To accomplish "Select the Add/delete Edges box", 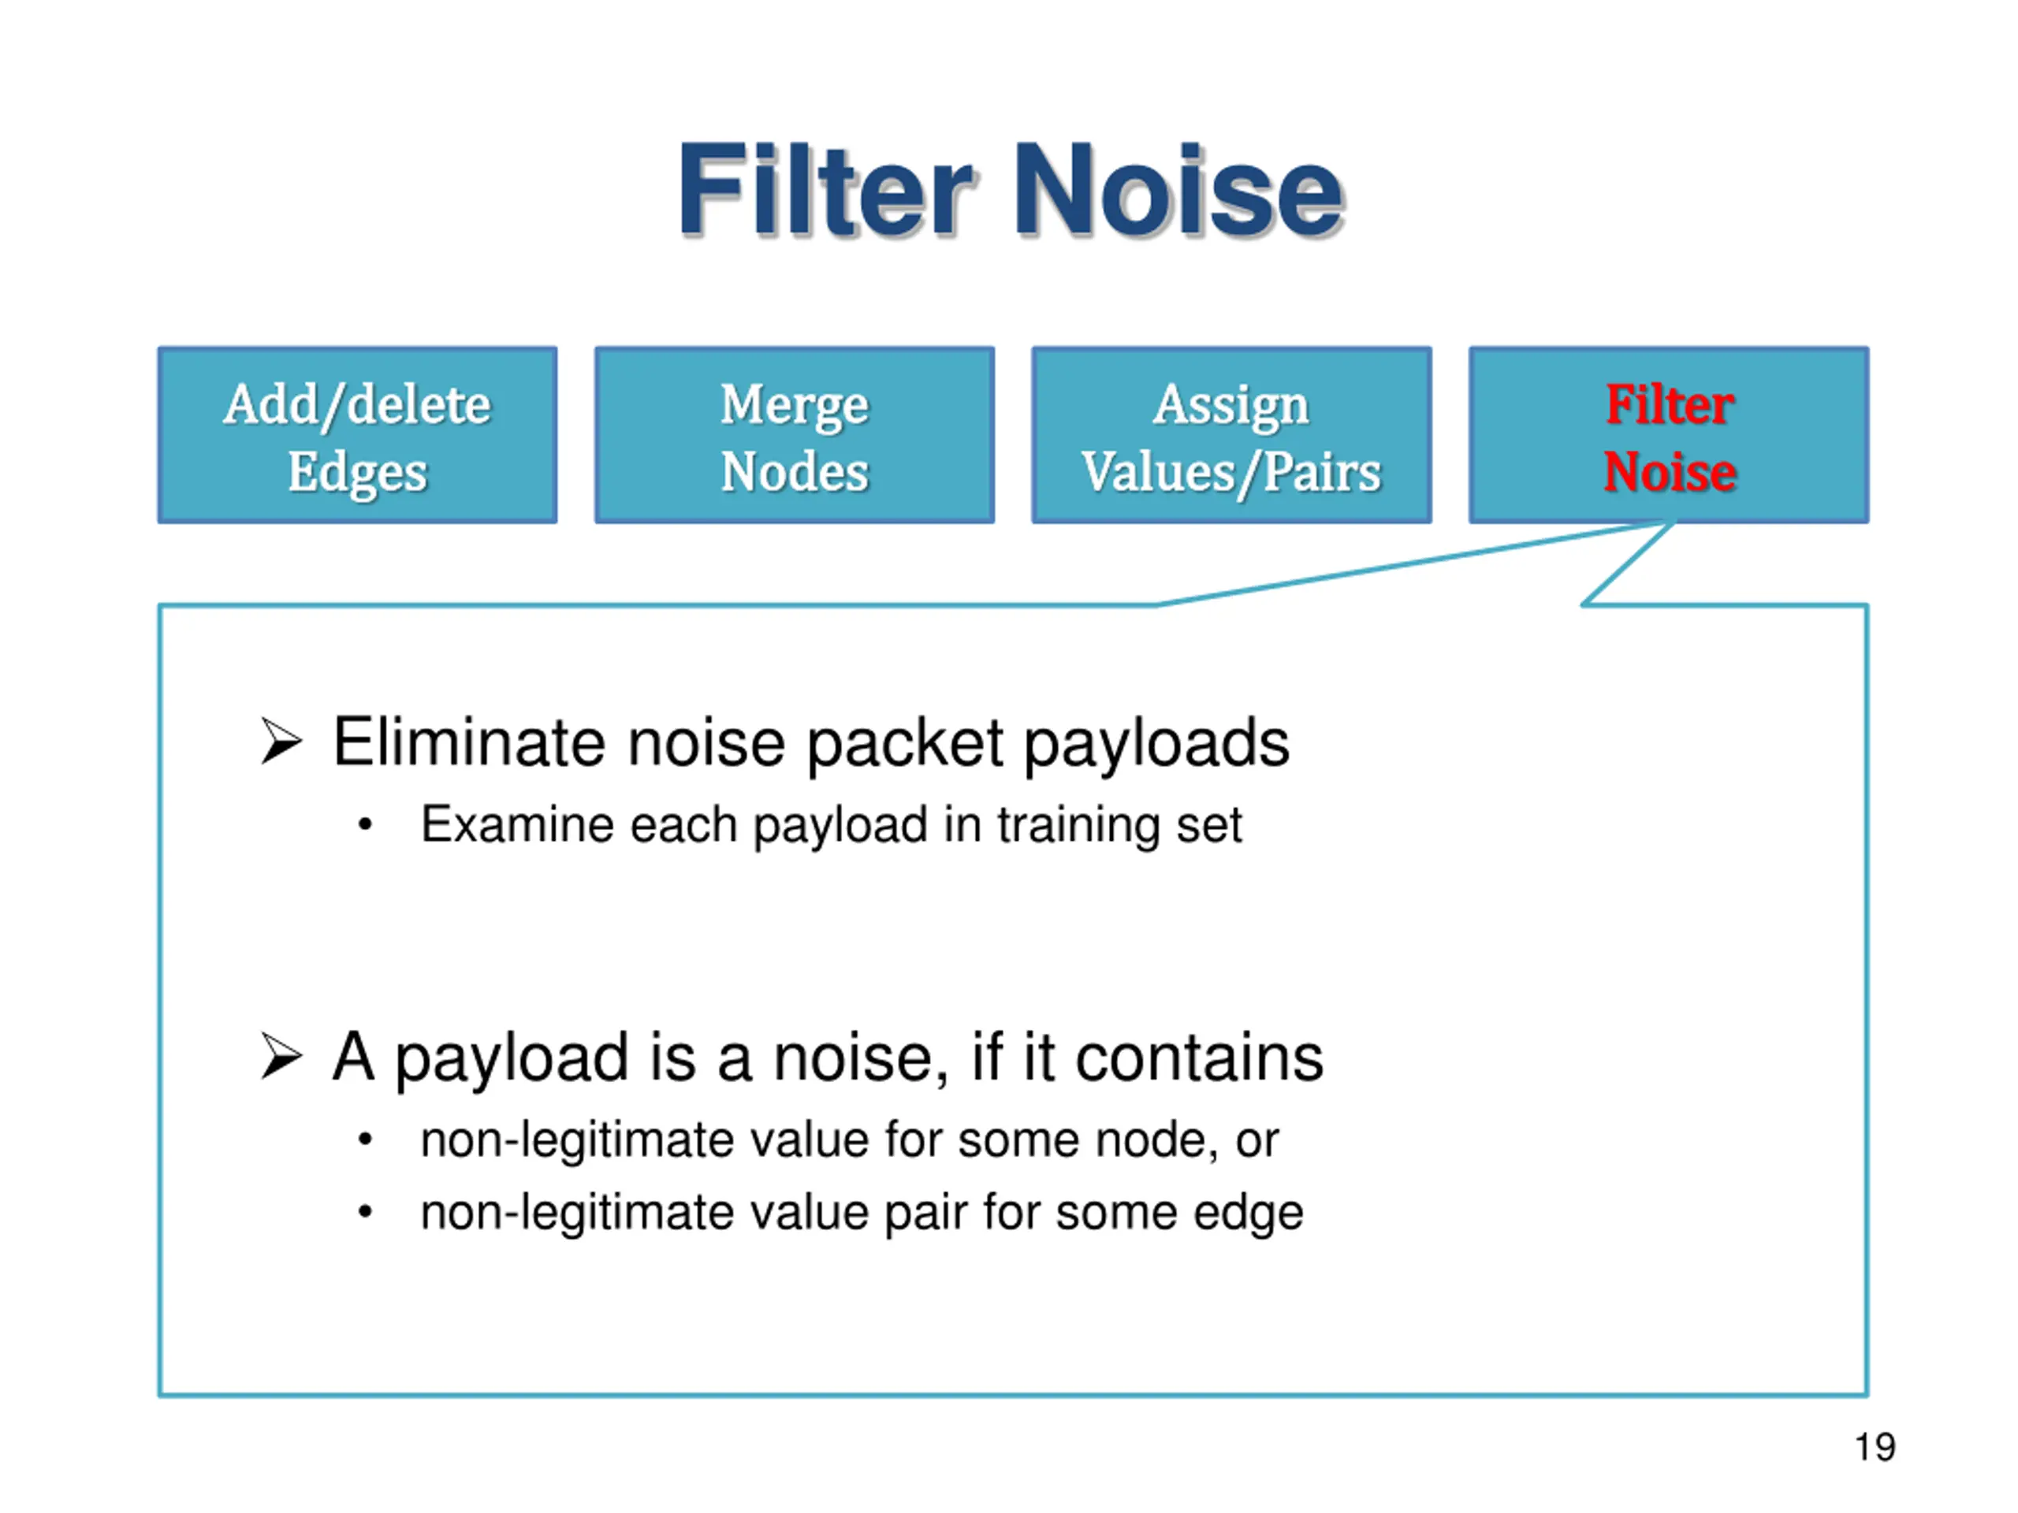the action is point(358,435).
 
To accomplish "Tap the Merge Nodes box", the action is point(794,435).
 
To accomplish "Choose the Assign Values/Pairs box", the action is point(1231,435).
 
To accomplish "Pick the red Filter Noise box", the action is point(1669,435).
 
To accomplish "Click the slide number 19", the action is point(1875,1448).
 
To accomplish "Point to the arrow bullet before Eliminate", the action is point(280,741).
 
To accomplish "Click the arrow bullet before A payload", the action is point(280,1056).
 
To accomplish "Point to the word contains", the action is point(1199,1057).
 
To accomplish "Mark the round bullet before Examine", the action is point(366,825).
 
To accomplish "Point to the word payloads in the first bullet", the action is point(1156,743).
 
